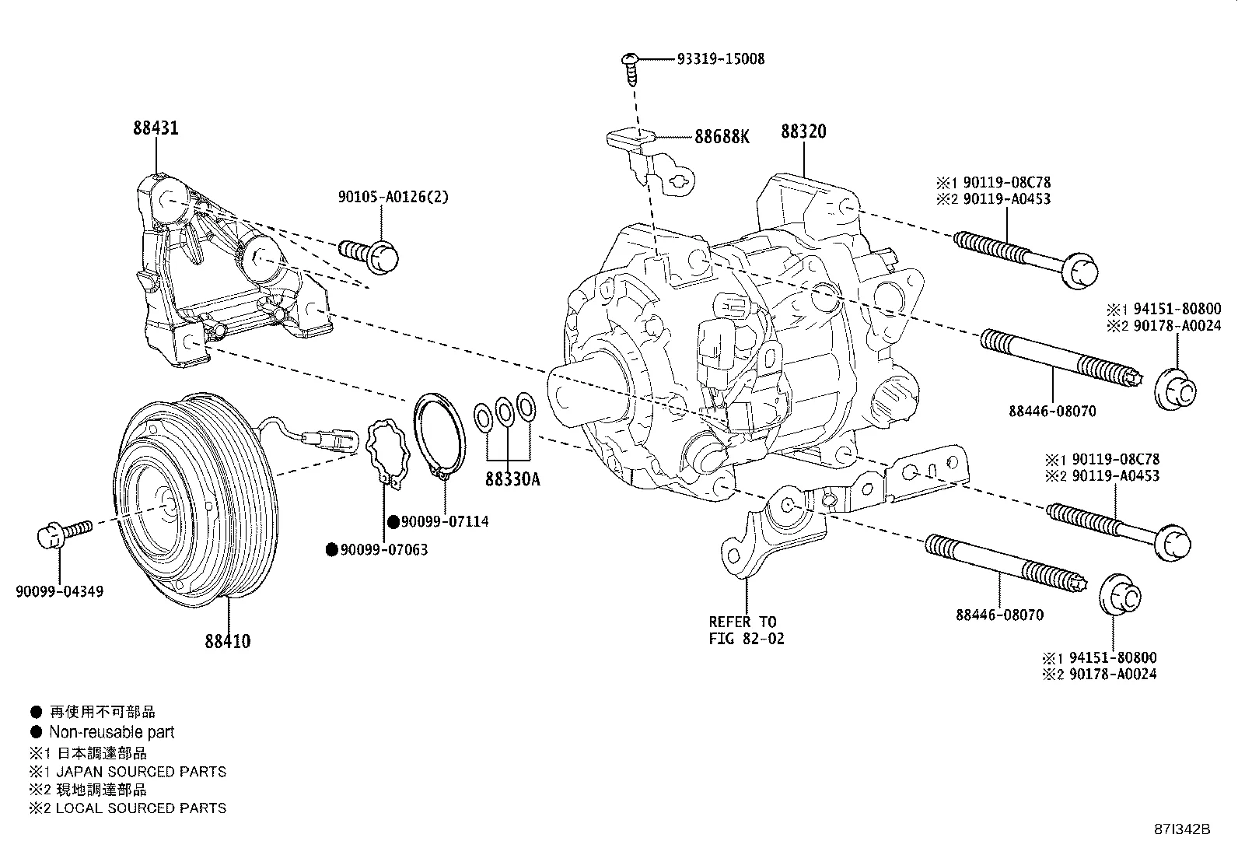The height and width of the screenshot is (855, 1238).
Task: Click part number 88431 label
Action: click(x=156, y=128)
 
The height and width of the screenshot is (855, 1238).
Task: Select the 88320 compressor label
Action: click(x=803, y=131)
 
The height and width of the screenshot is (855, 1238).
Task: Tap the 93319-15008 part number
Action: click(x=720, y=59)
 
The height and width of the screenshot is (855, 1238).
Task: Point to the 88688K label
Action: click(x=722, y=137)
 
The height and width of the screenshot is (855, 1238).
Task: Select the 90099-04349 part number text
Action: click(x=59, y=592)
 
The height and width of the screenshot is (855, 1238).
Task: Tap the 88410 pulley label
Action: click(x=228, y=642)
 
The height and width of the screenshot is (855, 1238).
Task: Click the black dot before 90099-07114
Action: click(x=393, y=521)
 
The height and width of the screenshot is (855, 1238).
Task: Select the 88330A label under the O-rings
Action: click(x=512, y=480)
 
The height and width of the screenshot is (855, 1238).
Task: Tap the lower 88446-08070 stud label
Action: click(x=998, y=615)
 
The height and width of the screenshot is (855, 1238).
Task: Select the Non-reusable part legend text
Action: click(x=111, y=732)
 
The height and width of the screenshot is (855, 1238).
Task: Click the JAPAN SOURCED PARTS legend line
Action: click(x=140, y=772)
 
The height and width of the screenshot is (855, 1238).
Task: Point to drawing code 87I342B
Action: click(x=1182, y=829)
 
